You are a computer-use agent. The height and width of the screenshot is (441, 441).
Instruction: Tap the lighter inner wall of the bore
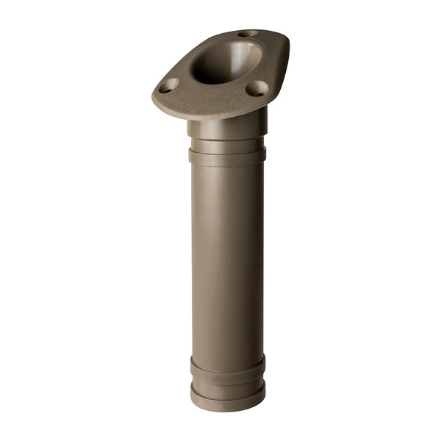point(243,55)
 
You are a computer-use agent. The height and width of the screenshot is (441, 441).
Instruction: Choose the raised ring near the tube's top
point(226,155)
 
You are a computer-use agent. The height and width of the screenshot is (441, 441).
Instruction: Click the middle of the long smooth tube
point(226,257)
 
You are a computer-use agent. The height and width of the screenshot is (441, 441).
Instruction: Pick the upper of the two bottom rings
point(226,367)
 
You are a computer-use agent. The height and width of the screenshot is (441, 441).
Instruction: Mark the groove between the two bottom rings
point(226,379)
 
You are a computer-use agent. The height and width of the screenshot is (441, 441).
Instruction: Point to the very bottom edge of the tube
point(226,409)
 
